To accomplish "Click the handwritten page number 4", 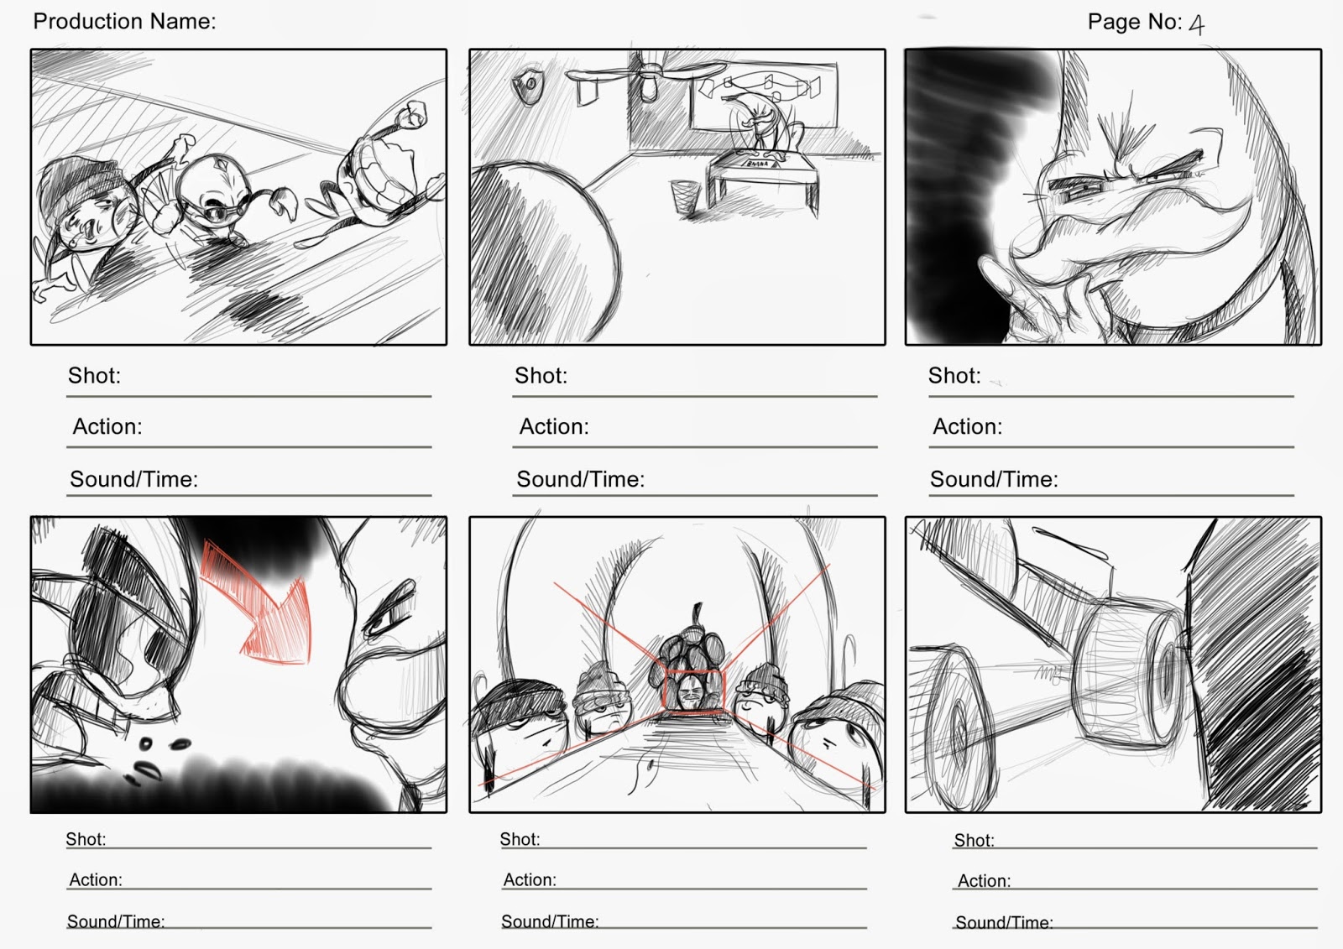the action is (1197, 24).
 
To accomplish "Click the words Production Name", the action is (124, 22).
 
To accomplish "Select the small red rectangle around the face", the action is (694, 691).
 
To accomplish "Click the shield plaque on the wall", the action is (528, 87).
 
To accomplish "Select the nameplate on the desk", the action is (759, 163).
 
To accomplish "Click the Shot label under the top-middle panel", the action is (541, 376).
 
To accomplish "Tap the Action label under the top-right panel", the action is (967, 427).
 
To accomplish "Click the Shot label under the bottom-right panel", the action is (974, 841).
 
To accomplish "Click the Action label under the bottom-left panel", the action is (96, 879).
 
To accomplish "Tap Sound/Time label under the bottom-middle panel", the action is (550, 921).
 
